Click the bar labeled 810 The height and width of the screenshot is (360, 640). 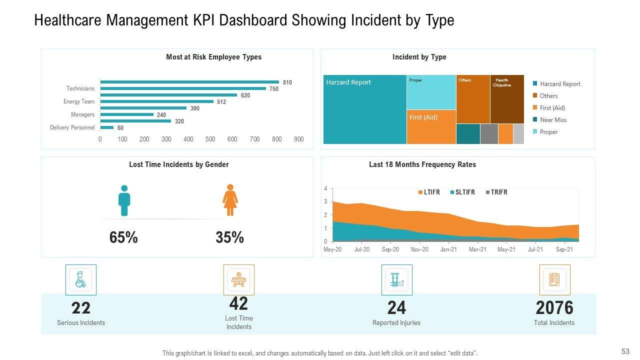[x=190, y=82]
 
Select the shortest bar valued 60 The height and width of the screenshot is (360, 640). [x=107, y=127]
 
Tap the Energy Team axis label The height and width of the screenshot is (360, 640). [x=79, y=101]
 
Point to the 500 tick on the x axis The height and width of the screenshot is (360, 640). [x=210, y=139]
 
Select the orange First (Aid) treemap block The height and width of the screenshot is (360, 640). [x=431, y=127]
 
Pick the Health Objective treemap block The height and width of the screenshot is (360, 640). [x=507, y=99]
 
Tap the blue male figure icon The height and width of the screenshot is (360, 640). [x=124, y=200]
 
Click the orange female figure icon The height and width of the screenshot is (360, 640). [x=230, y=200]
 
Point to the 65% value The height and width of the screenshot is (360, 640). [x=123, y=237]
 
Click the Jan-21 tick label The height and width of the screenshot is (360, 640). [x=448, y=249]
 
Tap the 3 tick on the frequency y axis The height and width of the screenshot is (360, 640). [x=325, y=202]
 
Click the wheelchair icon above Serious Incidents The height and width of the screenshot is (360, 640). [x=81, y=280]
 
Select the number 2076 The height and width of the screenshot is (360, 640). [x=554, y=307]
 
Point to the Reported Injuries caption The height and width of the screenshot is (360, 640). [x=396, y=323]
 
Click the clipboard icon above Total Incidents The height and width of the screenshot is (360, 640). [x=554, y=280]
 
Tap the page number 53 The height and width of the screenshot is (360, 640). [x=625, y=351]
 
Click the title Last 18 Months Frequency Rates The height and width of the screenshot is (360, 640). [x=422, y=164]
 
